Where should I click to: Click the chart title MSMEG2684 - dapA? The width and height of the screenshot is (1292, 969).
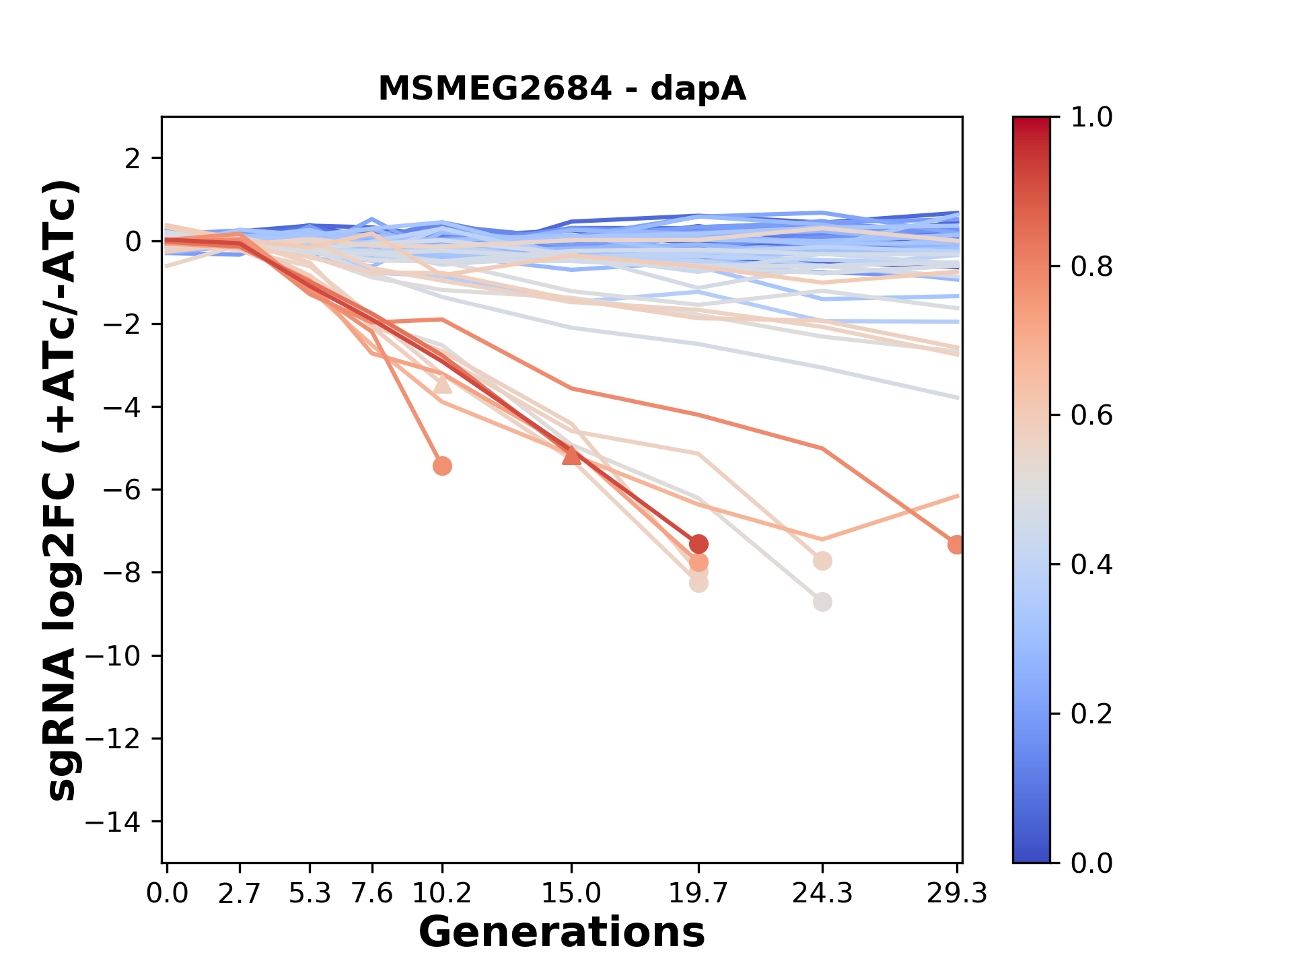click(x=562, y=89)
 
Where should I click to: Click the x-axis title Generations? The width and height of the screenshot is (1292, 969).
click(x=562, y=933)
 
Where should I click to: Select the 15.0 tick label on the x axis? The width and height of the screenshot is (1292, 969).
click(x=571, y=894)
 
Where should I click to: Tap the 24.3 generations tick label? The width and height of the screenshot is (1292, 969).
click(x=822, y=894)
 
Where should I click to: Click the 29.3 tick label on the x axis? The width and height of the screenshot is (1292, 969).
click(x=956, y=894)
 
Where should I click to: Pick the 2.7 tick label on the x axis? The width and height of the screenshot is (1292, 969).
click(x=240, y=894)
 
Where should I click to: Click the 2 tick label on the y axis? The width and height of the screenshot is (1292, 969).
click(x=133, y=159)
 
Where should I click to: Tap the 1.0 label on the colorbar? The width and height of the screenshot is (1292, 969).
click(x=1091, y=118)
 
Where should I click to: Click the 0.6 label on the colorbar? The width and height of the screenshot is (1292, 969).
click(x=1091, y=416)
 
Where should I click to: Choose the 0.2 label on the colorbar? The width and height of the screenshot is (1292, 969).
click(x=1091, y=714)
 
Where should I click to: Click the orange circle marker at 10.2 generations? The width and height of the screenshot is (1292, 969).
click(x=442, y=466)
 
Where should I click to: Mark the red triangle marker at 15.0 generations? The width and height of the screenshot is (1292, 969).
click(x=571, y=456)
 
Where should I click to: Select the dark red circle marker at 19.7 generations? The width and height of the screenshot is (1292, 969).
click(x=698, y=544)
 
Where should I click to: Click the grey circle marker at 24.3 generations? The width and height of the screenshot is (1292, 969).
click(x=822, y=602)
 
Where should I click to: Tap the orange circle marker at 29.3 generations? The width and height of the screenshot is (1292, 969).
click(x=956, y=545)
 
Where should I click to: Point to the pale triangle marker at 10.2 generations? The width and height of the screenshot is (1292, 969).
click(x=442, y=384)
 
